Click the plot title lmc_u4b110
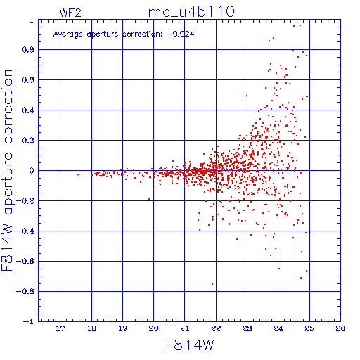pyautogui.click(x=189, y=12)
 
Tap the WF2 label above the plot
pyautogui.click(x=70, y=13)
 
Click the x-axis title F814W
pyautogui.click(x=190, y=345)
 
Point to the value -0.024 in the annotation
pyautogui.click(x=181, y=34)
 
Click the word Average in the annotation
pyautogui.click(x=68, y=34)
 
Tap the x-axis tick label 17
pyautogui.click(x=60, y=328)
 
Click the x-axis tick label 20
pyautogui.click(x=153, y=328)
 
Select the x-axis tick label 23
pyautogui.click(x=247, y=328)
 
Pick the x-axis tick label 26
pyautogui.click(x=340, y=328)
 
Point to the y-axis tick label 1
pyautogui.click(x=32, y=20)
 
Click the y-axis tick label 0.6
pyautogui.click(x=28, y=80)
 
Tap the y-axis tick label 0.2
pyautogui.click(x=28, y=141)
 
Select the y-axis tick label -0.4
pyautogui.click(x=25, y=231)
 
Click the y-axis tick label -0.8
pyautogui.click(x=25, y=292)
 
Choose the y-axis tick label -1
pyautogui.click(x=29, y=321)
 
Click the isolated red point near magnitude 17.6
pyautogui.click(x=78, y=174)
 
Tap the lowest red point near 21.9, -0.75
pyautogui.click(x=212, y=284)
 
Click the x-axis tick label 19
pyautogui.click(x=122, y=328)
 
